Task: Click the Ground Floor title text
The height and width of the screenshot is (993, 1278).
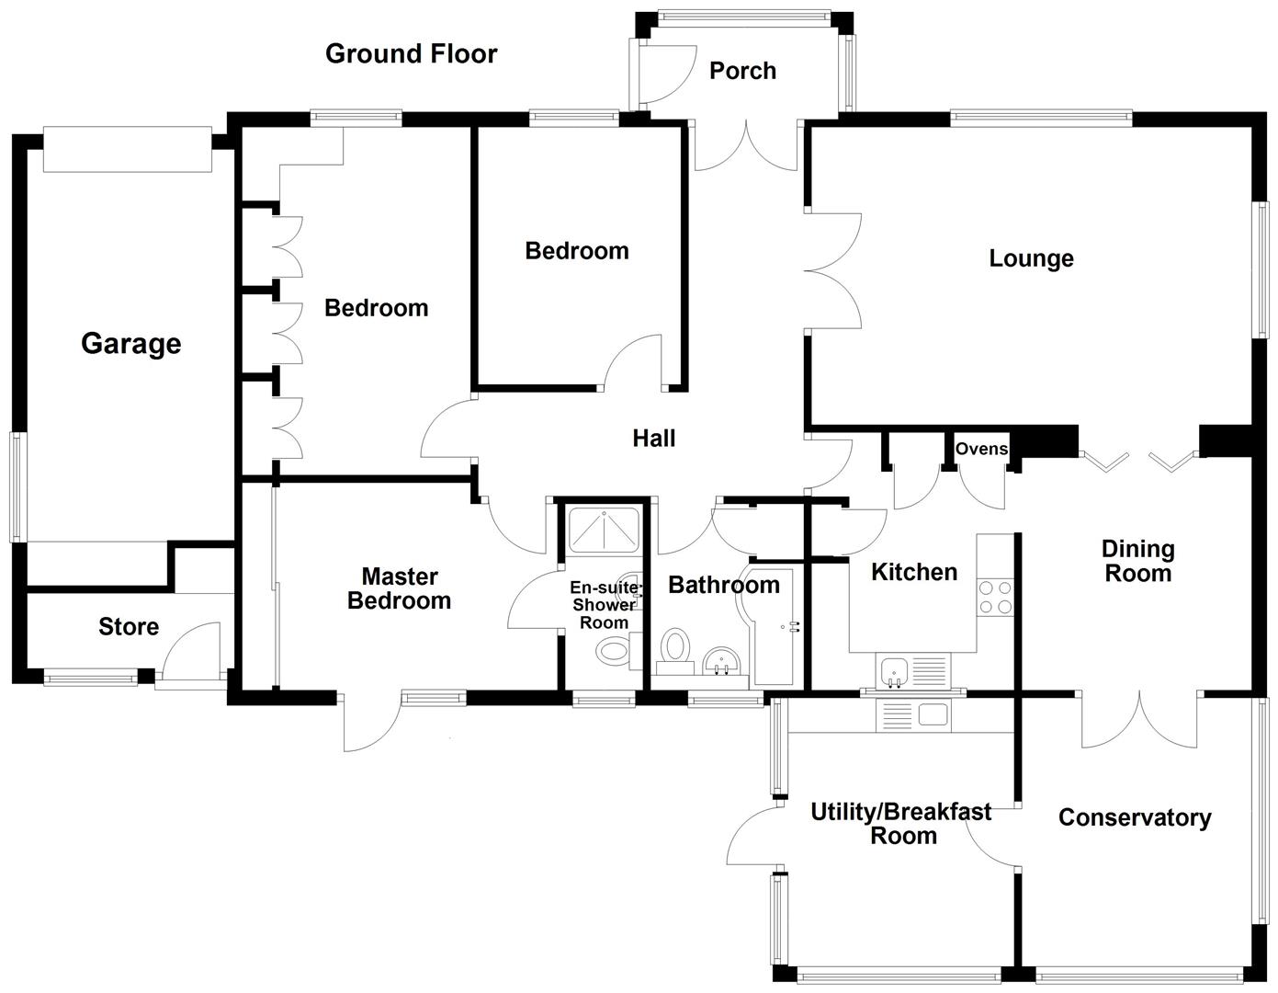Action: point(411,54)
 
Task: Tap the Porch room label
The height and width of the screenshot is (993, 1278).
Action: point(742,71)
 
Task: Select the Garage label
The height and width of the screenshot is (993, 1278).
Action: point(130,344)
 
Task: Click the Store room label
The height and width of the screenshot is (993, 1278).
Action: point(129,627)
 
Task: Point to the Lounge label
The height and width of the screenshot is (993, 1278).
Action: point(1031,258)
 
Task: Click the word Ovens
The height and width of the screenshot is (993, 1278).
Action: point(981,450)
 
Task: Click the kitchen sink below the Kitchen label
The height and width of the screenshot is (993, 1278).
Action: point(893,672)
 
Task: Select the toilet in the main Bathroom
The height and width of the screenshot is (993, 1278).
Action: point(676,646)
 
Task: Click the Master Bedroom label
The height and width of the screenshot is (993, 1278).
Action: point(399,589)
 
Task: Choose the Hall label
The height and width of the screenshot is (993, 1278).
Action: point(653,439)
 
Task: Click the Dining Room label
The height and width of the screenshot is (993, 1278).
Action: point(1137,562)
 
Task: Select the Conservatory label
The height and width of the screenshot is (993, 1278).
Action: point(1134,818)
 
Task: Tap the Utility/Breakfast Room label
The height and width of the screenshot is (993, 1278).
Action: point(900,824)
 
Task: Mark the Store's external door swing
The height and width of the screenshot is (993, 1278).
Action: point(191,653)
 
